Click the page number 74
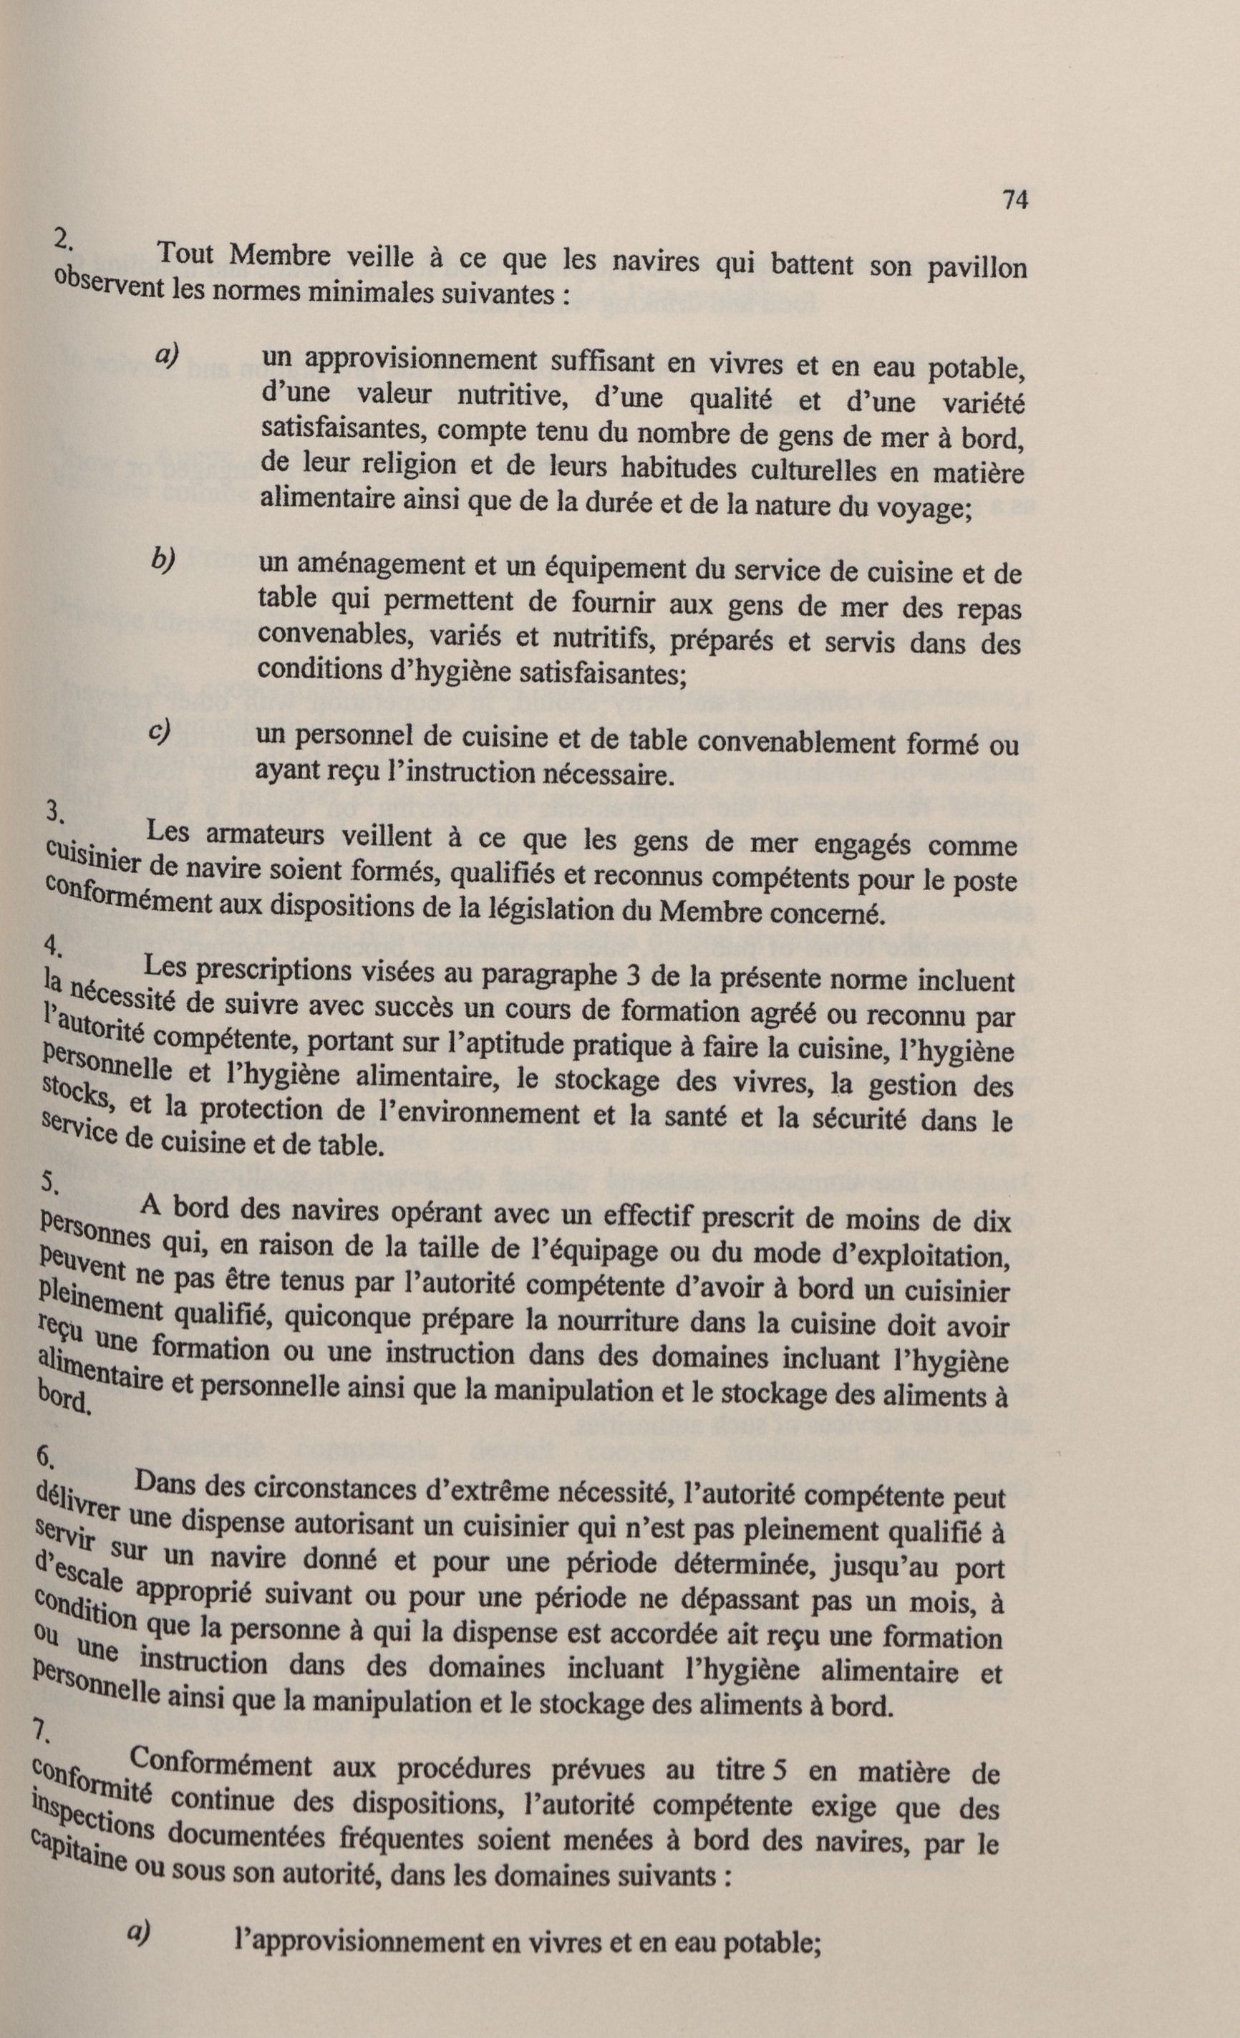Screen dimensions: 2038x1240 coord(1014,201)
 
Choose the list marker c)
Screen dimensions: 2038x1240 coord(160,732)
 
